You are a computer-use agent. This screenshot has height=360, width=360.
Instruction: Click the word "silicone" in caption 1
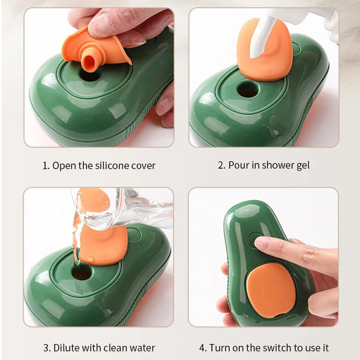click(x=112, y=166)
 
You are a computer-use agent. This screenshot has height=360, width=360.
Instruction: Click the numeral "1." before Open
click(x=46, y=166)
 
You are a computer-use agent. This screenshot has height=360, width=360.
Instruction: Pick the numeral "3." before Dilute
click(x=47, y=348)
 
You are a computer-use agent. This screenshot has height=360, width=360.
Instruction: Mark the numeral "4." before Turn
click(x=202, y=348)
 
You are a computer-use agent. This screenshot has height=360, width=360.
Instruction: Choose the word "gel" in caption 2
click(x=302, y=166)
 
